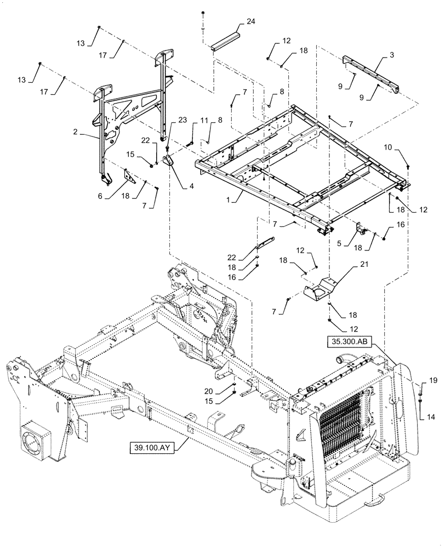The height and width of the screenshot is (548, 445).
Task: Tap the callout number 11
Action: coord(204,120)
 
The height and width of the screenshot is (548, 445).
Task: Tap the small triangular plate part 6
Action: coord(130,177)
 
